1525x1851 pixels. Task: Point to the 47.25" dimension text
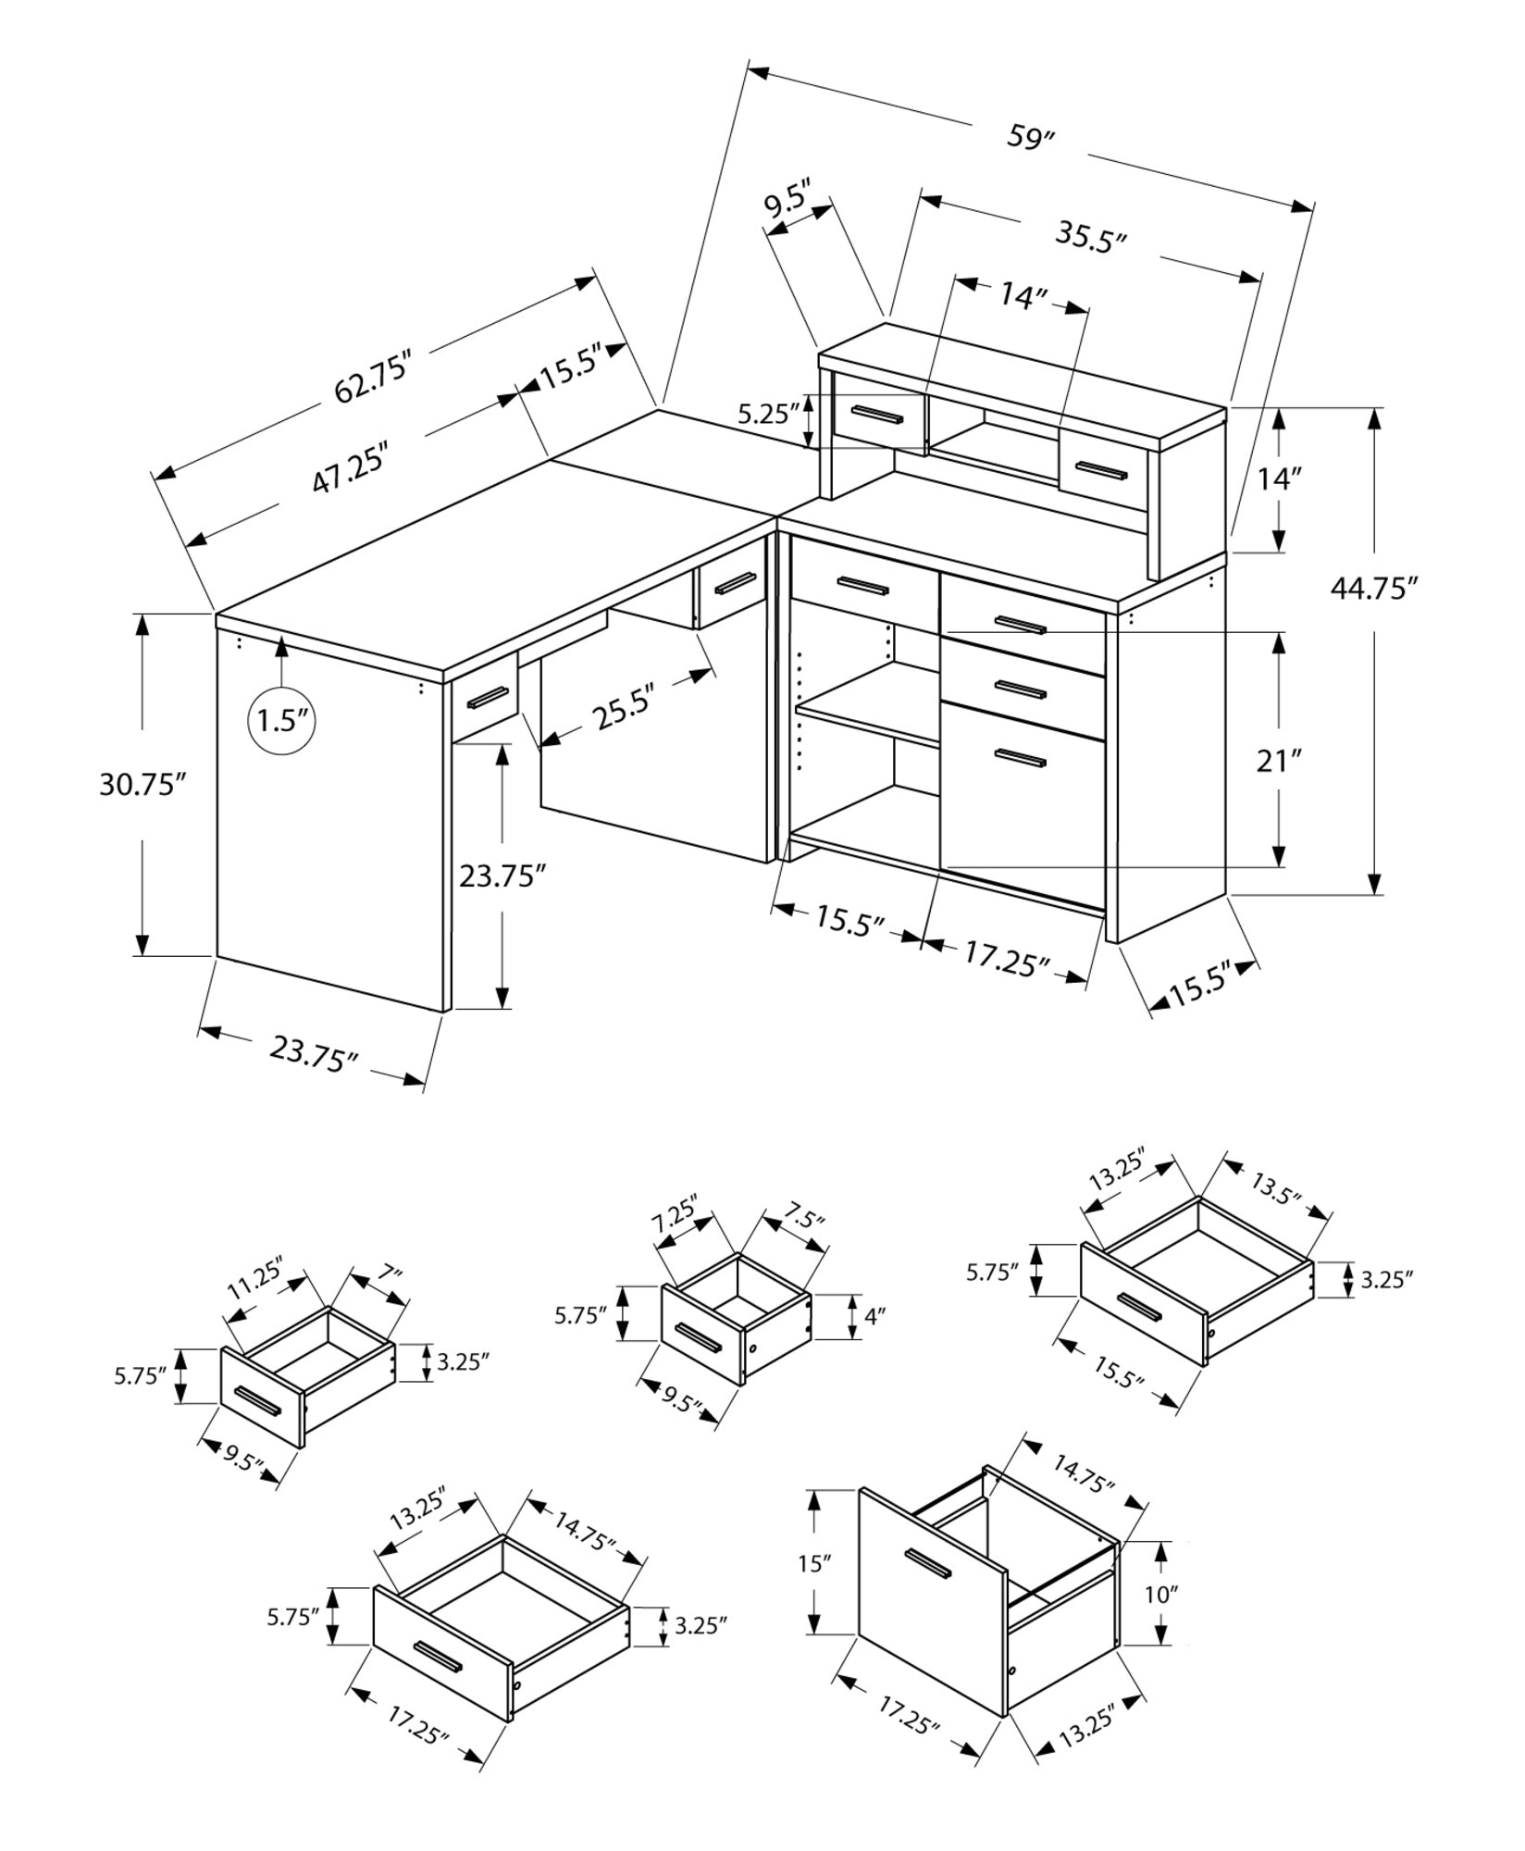click(348, 478)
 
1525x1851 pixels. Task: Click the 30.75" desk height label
click(143, 785)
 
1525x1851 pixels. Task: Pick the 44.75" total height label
click(1374, 588)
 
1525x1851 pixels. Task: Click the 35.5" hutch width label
click(1091, 239)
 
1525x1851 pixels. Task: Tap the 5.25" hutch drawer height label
click(767, 414)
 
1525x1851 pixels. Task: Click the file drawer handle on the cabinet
click(1020, 758)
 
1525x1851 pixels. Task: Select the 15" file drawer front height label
click(811, 1564)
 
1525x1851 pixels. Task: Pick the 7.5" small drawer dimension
click(801, 1220)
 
